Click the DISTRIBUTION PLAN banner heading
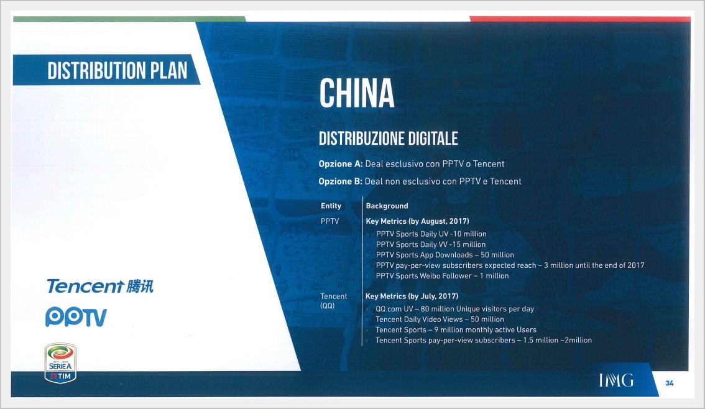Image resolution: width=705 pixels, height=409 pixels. point(117,70)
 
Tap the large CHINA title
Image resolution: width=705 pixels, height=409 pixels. point(357,94)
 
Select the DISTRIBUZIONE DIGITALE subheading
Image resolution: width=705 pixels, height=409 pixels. point(388,138)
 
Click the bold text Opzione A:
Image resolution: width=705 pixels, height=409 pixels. point(340,164)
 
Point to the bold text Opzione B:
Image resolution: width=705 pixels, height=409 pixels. point(340,182)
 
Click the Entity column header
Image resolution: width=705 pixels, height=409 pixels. point(331,206)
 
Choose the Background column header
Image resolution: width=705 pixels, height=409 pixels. point(387,206)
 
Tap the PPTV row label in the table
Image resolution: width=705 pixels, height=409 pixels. point(329,221)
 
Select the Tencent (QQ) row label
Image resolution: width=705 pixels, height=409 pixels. point(333,301)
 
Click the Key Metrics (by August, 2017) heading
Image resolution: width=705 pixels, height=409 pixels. point(417,221)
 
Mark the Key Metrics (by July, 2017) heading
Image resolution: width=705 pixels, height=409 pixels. point(412,296)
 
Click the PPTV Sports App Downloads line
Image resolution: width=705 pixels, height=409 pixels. point(445,255)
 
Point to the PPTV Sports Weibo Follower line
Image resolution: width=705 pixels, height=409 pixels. point(442,276)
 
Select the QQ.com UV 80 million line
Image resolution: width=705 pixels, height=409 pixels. point(454,309)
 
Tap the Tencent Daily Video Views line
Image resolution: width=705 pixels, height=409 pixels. point(440,319)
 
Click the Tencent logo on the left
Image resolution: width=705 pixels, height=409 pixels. point(99,287)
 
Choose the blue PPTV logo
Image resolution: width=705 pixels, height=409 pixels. point(76,317)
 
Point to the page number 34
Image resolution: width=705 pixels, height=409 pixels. point(670,383)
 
